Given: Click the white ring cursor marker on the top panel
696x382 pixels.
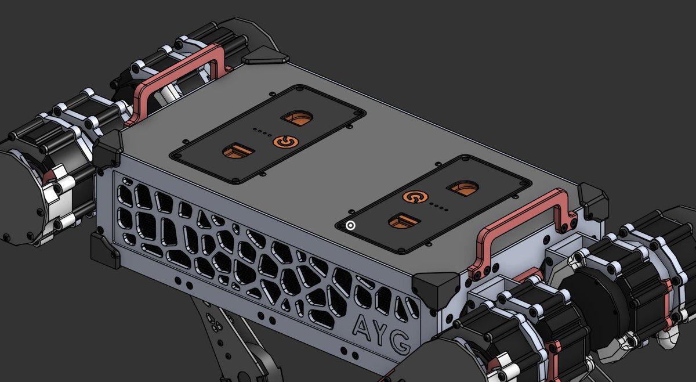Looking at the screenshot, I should [350, 226].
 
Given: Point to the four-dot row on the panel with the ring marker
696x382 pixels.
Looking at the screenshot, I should [439, 206].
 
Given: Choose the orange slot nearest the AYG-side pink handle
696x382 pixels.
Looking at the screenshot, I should [463, 188].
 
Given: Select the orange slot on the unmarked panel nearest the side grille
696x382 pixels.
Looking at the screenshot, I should [238, 152].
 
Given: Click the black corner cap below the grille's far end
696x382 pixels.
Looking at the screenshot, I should [105, 253].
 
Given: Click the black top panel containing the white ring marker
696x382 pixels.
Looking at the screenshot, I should [432, 203].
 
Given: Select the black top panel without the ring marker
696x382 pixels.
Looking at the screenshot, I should [267, 134].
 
